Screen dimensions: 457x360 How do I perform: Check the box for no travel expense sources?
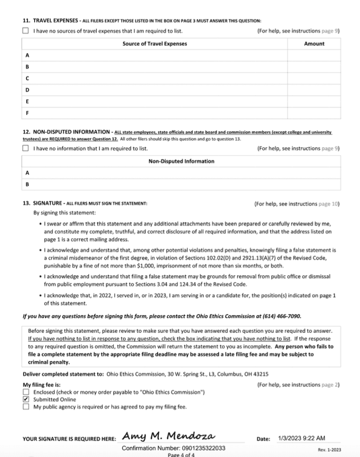pos(25,31)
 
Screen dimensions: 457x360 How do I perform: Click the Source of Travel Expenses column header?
pos(154,43)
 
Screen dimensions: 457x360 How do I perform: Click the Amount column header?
pos(314,43)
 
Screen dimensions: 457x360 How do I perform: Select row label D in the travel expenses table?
pos(28,90)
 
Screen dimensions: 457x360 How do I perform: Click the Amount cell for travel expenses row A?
pos(314,55)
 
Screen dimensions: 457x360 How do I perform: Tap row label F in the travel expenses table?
pos(28,113)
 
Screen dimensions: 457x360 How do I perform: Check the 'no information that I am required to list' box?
pos(25,149)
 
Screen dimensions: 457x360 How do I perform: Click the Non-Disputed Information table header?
pos(181,161)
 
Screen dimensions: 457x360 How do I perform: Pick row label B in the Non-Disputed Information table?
pos(28,185)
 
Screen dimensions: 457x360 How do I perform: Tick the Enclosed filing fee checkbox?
pos(25,393)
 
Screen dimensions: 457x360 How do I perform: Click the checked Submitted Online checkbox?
pos(25,399)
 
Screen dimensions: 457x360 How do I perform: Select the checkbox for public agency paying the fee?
pos(25,406)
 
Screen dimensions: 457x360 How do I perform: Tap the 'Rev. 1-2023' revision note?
pos(329,450)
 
